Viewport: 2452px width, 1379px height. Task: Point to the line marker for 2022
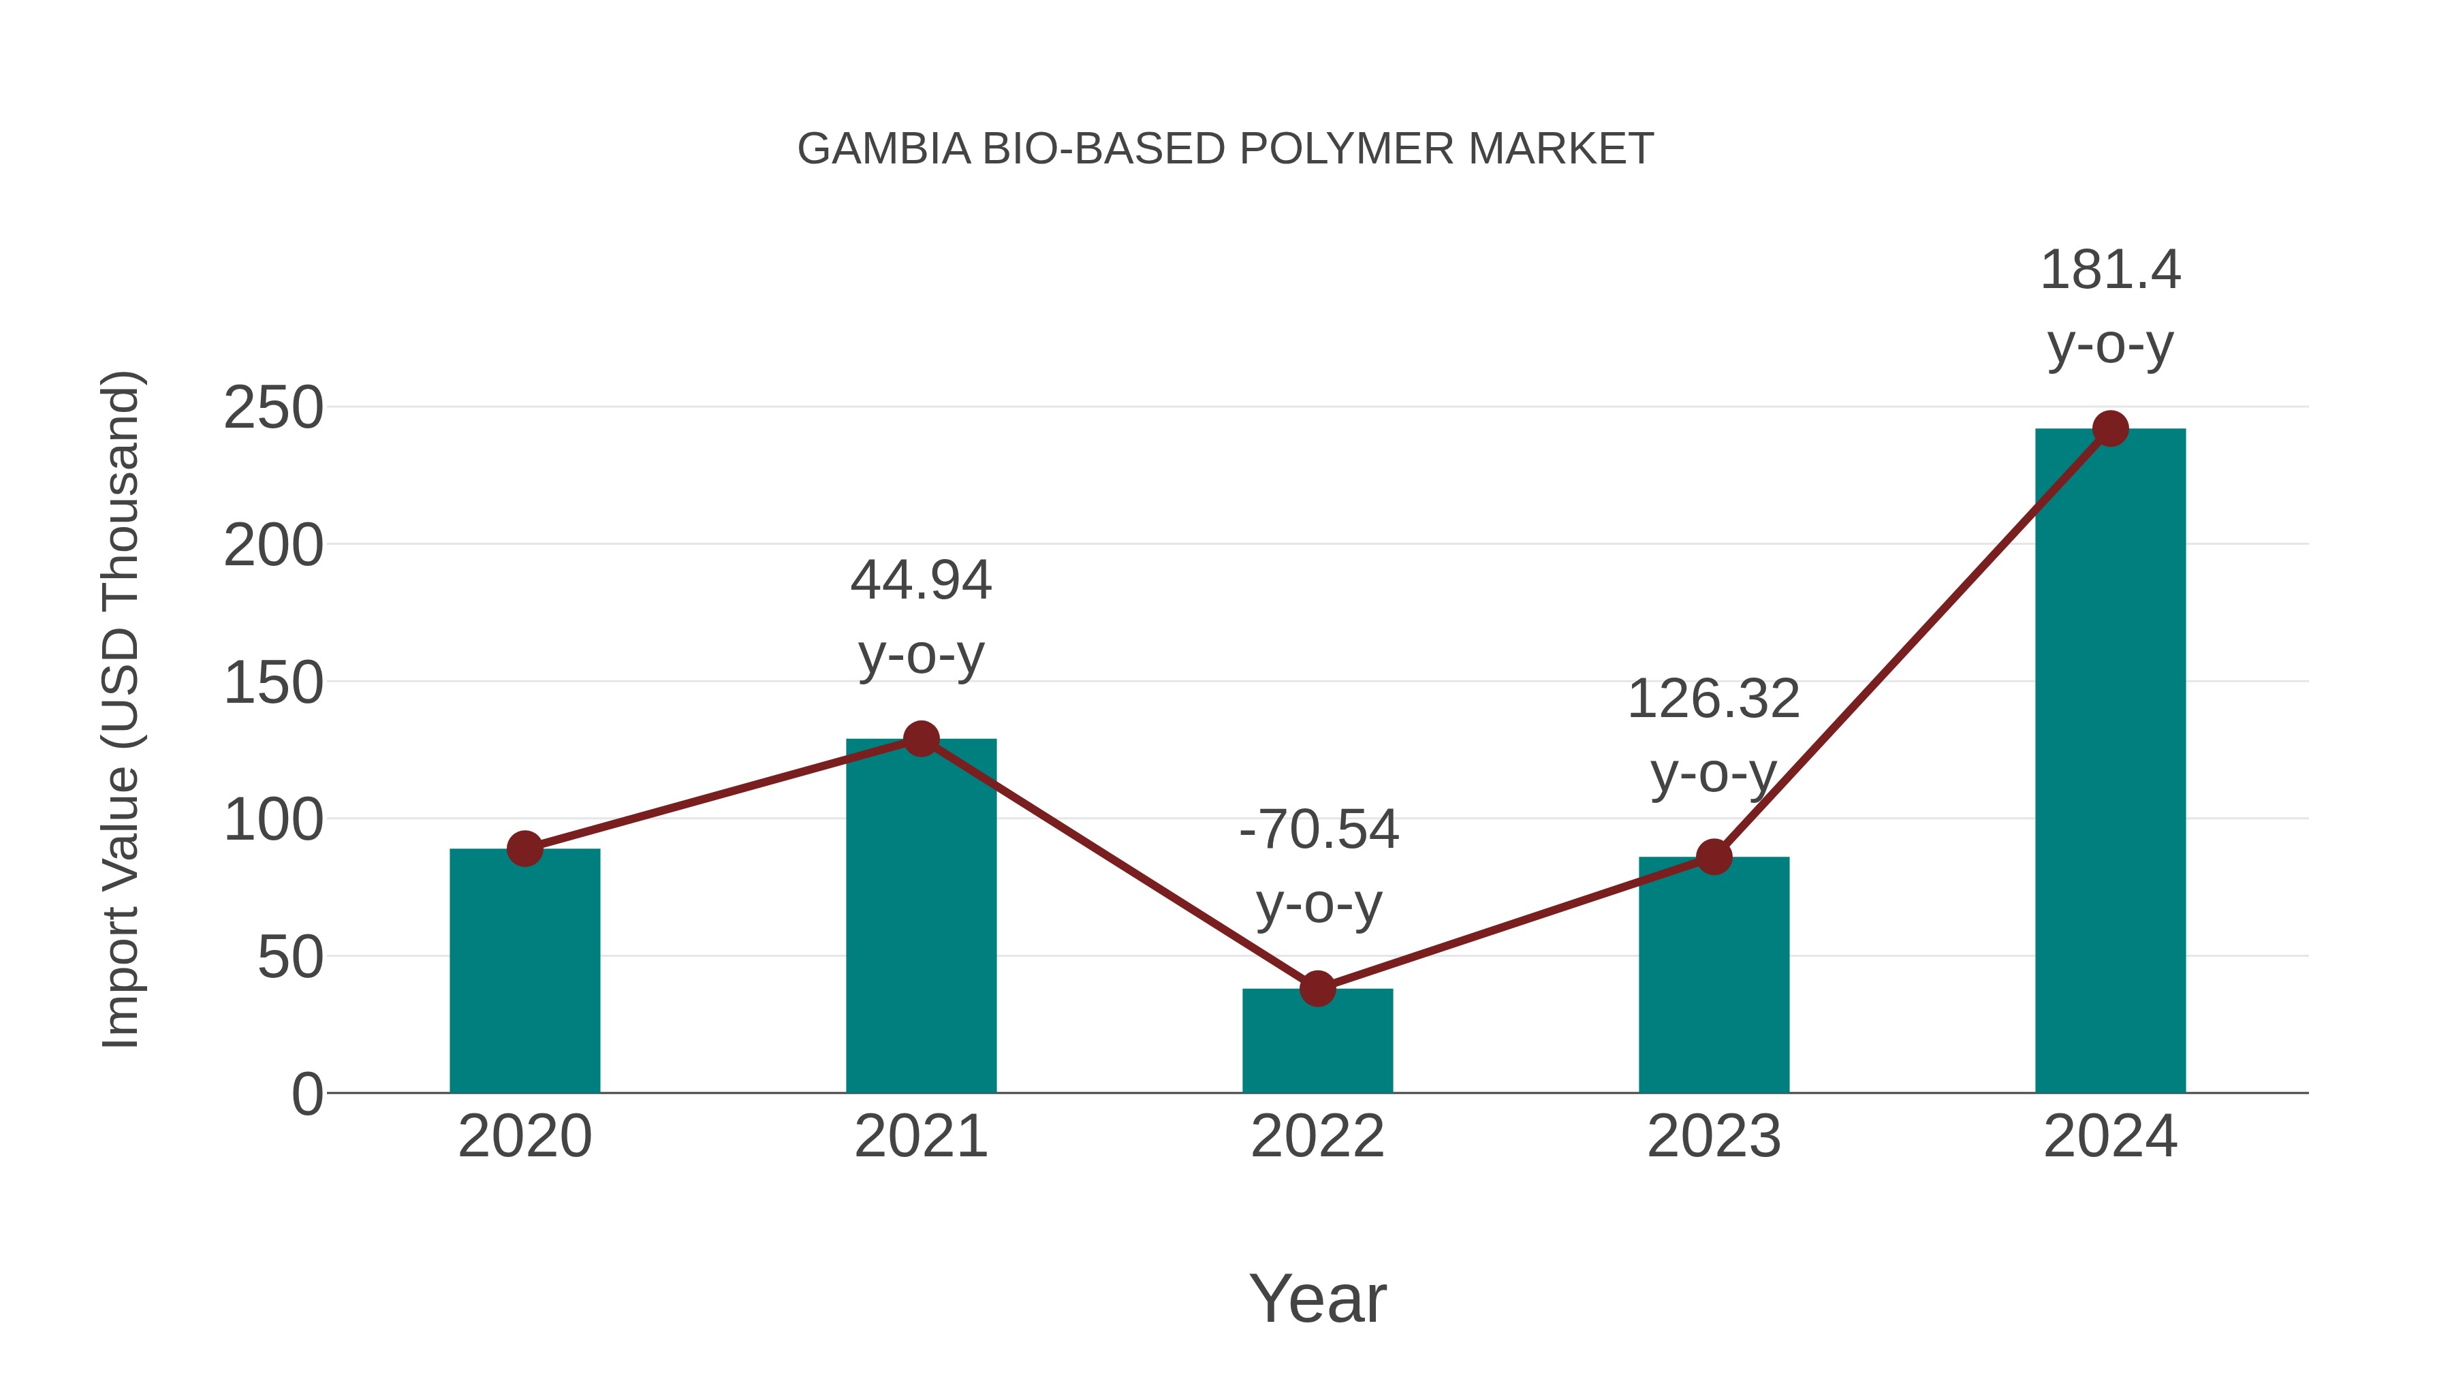click(1317, 989)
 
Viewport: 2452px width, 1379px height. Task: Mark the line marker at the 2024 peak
click(2110, 429)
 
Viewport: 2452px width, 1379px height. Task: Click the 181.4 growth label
click(2110, 270)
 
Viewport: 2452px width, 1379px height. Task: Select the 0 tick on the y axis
click(306, 1094)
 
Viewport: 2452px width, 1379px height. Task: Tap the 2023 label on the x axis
click(1714, 1137)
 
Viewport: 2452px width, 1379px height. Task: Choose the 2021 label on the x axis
click(920, 1137)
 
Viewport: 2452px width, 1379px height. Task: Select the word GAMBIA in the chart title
click(883, 149)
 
